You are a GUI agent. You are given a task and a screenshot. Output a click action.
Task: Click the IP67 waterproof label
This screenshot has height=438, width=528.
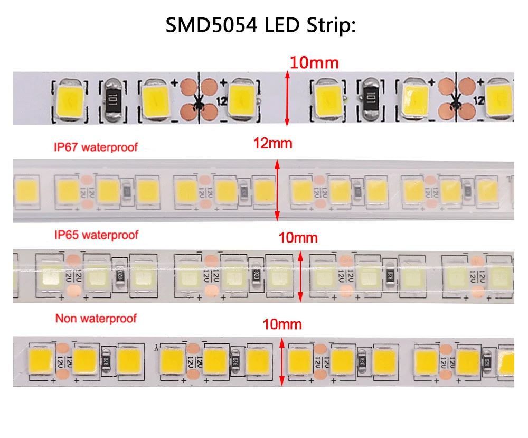coord(96,147)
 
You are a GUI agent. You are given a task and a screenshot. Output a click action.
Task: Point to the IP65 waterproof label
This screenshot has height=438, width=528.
coord(96,234)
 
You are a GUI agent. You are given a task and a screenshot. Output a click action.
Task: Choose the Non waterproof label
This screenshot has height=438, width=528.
coord(96,318)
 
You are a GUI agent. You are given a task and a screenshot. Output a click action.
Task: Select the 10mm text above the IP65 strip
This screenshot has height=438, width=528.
coord(299,238)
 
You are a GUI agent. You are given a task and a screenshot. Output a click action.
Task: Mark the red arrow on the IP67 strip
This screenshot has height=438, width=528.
coord(277,191)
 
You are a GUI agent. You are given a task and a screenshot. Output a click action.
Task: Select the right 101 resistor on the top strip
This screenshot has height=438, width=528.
coord(370,97)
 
